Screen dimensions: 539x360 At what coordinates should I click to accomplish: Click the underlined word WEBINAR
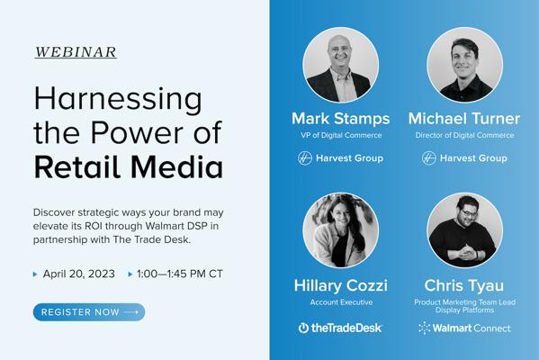click(x=76, y=52)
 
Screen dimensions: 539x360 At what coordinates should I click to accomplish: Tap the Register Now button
click(x=89, y=312)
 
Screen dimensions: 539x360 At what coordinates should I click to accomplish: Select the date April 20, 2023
click(x=78, y=274)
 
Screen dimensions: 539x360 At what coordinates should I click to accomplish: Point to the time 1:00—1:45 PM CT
click(x=180, y=274)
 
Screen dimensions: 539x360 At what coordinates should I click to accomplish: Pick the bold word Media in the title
click(x=176, y=166)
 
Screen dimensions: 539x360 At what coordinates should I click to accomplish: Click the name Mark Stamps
click(x=341, y=119)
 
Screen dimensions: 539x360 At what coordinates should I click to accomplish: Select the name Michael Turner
click(x=464, y=119)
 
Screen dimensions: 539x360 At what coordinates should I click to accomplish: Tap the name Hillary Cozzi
click(x=341, y=285)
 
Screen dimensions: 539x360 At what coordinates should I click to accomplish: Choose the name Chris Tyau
click(x=464, y=285)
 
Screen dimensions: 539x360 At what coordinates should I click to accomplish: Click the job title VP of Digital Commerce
click(x=341, y=135)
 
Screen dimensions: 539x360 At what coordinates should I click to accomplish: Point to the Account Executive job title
click(x=341, y=302)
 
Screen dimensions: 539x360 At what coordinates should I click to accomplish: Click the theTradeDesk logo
click(x=340, y=328)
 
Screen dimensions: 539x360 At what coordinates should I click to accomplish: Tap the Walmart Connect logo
click(x=464, y=328)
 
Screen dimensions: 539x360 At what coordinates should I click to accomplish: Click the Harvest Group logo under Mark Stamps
click(x=340, y=158)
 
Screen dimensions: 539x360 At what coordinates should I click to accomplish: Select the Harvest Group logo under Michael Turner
click(x=464, y=158)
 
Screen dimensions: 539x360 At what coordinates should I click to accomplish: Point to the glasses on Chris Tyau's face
click(x=468, y=212)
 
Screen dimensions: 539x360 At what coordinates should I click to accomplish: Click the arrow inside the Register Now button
click(x=131, y=312)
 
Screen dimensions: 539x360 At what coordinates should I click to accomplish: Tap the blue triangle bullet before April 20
click(x=35, y=274)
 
